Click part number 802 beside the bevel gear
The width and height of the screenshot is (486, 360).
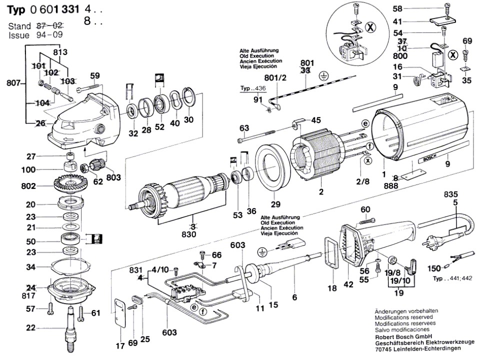(x=28, y=186)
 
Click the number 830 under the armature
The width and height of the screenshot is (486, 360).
(x=189, y=234)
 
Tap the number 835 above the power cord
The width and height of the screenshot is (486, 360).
(x=450, y=194)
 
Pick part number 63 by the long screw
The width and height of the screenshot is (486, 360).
(x=244, y=128)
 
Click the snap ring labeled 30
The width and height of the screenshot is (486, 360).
(x=188, y=97)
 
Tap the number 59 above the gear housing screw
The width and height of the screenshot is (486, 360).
(x=95, y=75)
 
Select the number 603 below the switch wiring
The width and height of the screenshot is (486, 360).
(x=169, y=332)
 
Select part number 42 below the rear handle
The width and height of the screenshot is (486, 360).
(x=348, y=284)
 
